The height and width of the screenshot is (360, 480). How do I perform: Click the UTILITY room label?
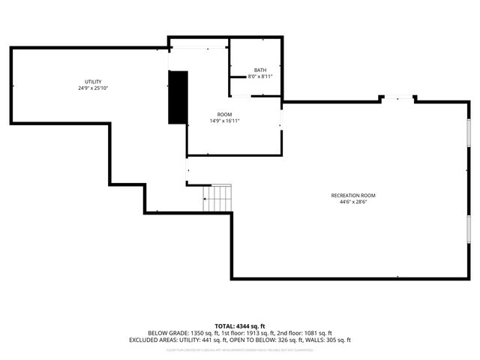pos(93,82)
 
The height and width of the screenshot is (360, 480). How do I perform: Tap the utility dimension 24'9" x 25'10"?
pos(93,88)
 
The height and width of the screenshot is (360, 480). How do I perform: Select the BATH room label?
pos(259,70)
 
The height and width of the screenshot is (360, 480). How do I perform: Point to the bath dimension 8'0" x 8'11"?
pos(259,76)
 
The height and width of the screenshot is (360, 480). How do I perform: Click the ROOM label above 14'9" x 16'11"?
pos(224,114)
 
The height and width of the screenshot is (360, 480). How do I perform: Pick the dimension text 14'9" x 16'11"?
pos(224,121)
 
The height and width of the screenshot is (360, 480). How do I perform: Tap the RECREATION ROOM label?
pos(353,196)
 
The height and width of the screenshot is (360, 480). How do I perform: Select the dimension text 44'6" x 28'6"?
pos(353,202)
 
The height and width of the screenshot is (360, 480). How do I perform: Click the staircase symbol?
pos(218,197)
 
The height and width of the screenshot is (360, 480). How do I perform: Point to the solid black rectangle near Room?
pos(178,97)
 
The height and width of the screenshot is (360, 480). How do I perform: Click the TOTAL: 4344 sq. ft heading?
pos(240,325)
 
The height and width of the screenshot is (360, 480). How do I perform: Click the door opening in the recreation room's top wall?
pos(398,97)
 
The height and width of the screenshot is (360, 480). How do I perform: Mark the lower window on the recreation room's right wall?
pos(469,230)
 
